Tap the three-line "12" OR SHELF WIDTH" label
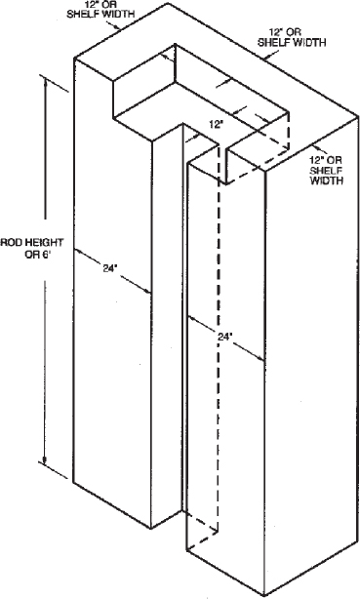tap(326, 169)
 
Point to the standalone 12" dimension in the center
tap(217, 125)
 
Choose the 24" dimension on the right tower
tap(226, 337)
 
